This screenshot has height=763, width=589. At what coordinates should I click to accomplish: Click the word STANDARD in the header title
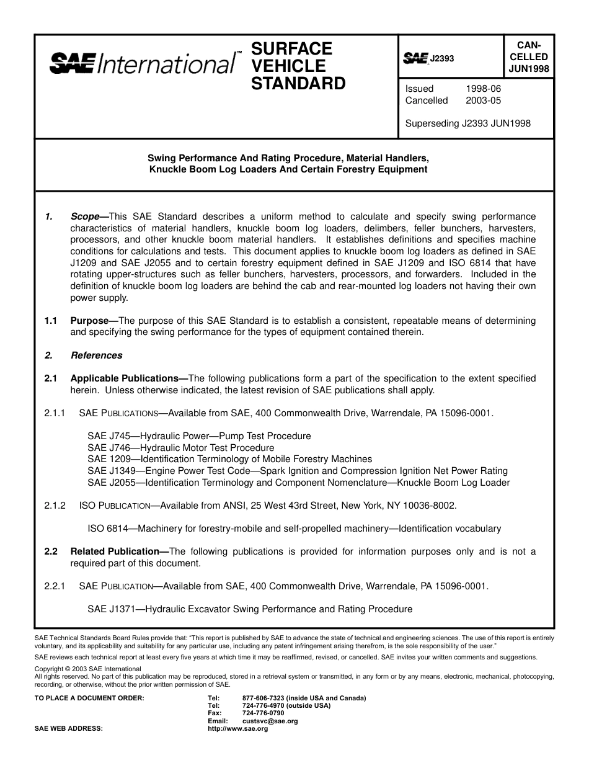pyautogui.click(x=298, y=84)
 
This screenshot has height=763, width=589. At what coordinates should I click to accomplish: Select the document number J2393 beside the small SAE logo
pyautogui.click(x=442, y=58)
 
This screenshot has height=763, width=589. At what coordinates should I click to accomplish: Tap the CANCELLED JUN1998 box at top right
pyautogui.click(x=528, y=56)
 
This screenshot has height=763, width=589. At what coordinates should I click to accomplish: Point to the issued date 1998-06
pyautogui.click(x=483, y=89)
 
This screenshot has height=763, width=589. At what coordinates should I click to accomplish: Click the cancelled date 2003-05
pyautogui.click(x=483, y=100)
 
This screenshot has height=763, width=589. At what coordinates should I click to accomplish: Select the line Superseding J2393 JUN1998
pyautogui.click(x=467, y=123)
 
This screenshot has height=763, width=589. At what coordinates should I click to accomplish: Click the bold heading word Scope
pyautogui.click(x=85, y=216)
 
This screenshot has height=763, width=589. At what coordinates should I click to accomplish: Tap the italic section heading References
pyautogui.click(x=97, y=355)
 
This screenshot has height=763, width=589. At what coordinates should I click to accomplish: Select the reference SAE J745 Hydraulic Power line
pyautogui.click(x=199, y=436)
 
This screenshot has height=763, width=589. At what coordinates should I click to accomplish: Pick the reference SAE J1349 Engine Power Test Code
pyautogui.click(x=297, y=471)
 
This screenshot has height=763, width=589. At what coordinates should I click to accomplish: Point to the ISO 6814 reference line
pyautogui.click(x=294, y=529)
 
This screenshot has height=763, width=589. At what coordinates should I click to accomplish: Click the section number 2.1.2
pyautogui.click(x=55, y=506)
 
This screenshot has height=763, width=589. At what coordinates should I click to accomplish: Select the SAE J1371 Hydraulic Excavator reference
pyautogui.click(x=249, y=609)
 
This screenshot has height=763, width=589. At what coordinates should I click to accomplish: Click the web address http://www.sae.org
pyautogui.click(x=237, y=729)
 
